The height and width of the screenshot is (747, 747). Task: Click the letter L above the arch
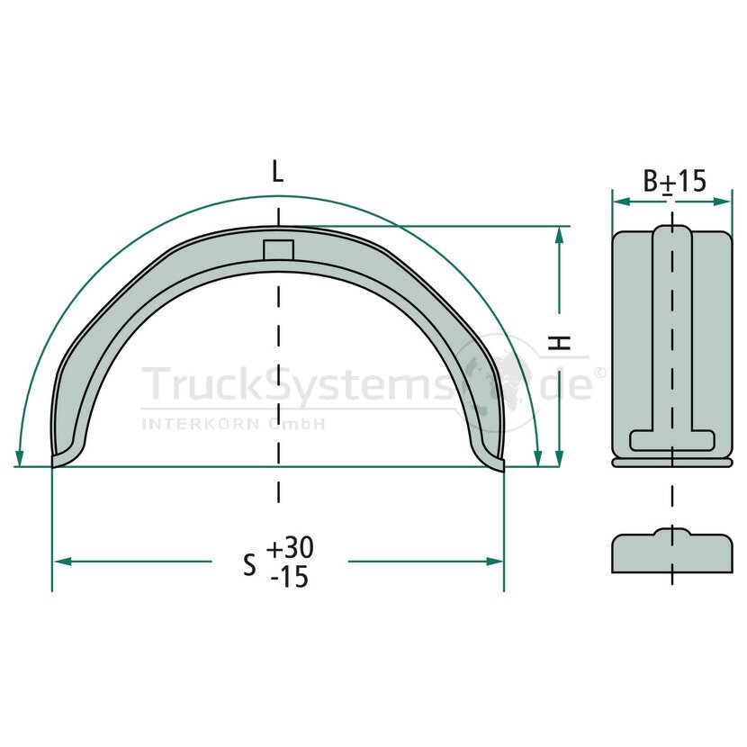[277, 172]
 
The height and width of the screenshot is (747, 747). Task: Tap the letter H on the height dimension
[559, 342]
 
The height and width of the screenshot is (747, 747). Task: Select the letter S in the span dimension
[249, 565]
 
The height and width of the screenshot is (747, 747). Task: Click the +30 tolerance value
[290, 548]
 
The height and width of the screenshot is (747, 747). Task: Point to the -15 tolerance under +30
[289, 578]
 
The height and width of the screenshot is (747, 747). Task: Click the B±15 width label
[674, 181]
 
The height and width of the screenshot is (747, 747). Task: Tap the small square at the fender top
[279, 249]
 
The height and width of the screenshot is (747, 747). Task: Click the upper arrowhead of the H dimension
[559, 235]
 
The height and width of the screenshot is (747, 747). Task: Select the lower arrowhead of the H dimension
[559, 458]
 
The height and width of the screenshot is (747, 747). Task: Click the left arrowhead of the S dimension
[62, 562]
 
